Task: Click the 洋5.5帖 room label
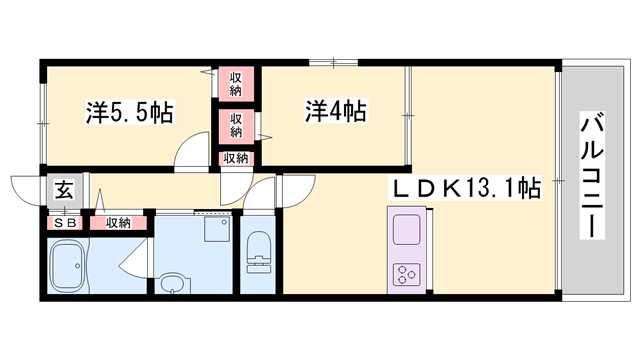pos(129,112)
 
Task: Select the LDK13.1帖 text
pos(465,187)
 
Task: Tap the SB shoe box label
pos(65,222)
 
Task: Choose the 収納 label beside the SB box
pos(118,222)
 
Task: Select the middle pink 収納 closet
pos(236,125)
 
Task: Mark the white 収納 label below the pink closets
pos(236,158)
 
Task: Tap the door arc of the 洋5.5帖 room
pos(187,158)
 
